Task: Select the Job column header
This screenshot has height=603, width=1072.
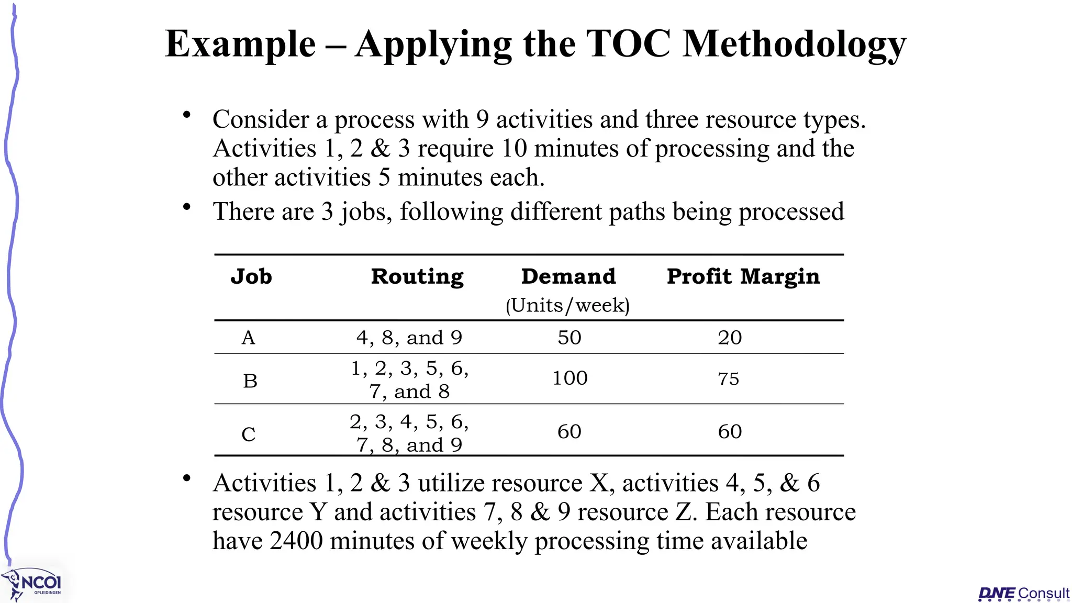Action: [x=251, y=276]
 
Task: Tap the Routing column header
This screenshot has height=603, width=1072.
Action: [x=417, y=276]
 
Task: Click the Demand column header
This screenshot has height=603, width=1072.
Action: [x=568, y=276]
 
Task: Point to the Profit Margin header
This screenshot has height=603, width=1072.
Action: [x=743, y=276]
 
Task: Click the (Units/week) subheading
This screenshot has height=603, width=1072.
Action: [x=568, y=305]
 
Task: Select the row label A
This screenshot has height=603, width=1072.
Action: [x=249, y=338]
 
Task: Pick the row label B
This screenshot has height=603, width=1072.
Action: [x=250, y=381]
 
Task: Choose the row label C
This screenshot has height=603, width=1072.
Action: [x=249, y=434]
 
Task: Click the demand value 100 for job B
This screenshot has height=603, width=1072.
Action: [x=570, y=378]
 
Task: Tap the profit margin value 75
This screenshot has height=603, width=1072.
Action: [x=729, y=378]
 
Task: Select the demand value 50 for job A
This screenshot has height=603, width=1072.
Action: [x=569, y=338]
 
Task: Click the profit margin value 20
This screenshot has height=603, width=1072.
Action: [x=730, y=338]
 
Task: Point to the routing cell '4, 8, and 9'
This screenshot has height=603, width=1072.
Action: [x=409, y=338]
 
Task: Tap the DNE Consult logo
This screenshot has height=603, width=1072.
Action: [x=1023, y=594]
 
